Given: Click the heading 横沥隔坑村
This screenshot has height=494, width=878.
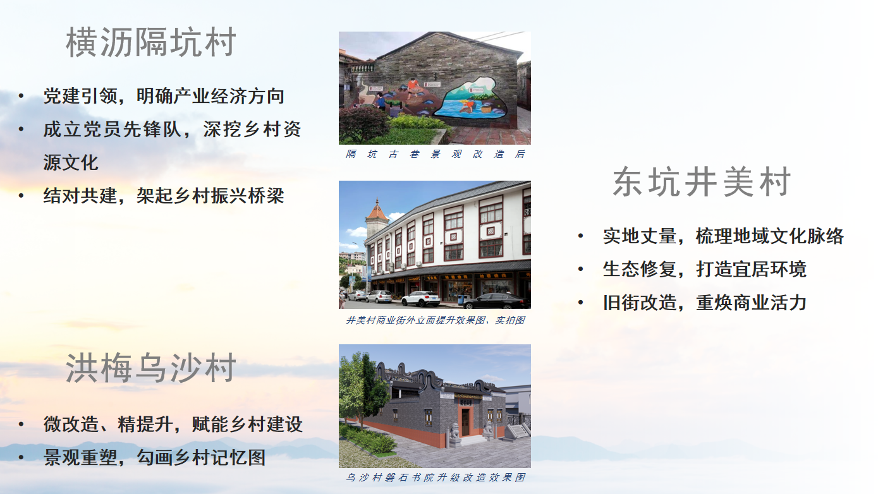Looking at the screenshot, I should pos(151,44).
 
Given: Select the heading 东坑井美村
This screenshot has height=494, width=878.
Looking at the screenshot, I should pos(702,183).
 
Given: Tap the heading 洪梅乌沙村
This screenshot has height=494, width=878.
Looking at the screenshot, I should pos(151,369).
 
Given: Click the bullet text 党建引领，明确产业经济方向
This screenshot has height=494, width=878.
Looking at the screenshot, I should pos(164,96).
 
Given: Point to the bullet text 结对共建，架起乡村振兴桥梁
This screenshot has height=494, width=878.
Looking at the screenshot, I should pos(164,195).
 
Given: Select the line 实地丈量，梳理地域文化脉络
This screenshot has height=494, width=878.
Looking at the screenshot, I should pos(723,236).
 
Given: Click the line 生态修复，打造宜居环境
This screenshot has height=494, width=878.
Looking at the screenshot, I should pos(704,269).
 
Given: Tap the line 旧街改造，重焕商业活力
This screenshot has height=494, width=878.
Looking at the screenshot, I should pos(704,303).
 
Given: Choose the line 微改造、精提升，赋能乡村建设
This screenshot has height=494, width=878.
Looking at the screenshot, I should pos(173,424).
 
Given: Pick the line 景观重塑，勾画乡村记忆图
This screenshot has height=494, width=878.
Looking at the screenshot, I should pos(154,457).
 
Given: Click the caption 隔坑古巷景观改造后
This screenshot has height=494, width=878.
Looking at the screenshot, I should pos(435,154).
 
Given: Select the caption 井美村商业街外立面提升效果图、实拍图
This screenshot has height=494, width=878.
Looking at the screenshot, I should pos(435,320).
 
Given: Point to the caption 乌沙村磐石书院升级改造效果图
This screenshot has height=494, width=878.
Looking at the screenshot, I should pos(435,478).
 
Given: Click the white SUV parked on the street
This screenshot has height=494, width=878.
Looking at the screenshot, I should pos(420,299).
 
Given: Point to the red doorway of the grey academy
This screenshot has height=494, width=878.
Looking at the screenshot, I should pos(466,421).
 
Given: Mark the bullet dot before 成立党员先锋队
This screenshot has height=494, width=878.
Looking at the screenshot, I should pos(22,130).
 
